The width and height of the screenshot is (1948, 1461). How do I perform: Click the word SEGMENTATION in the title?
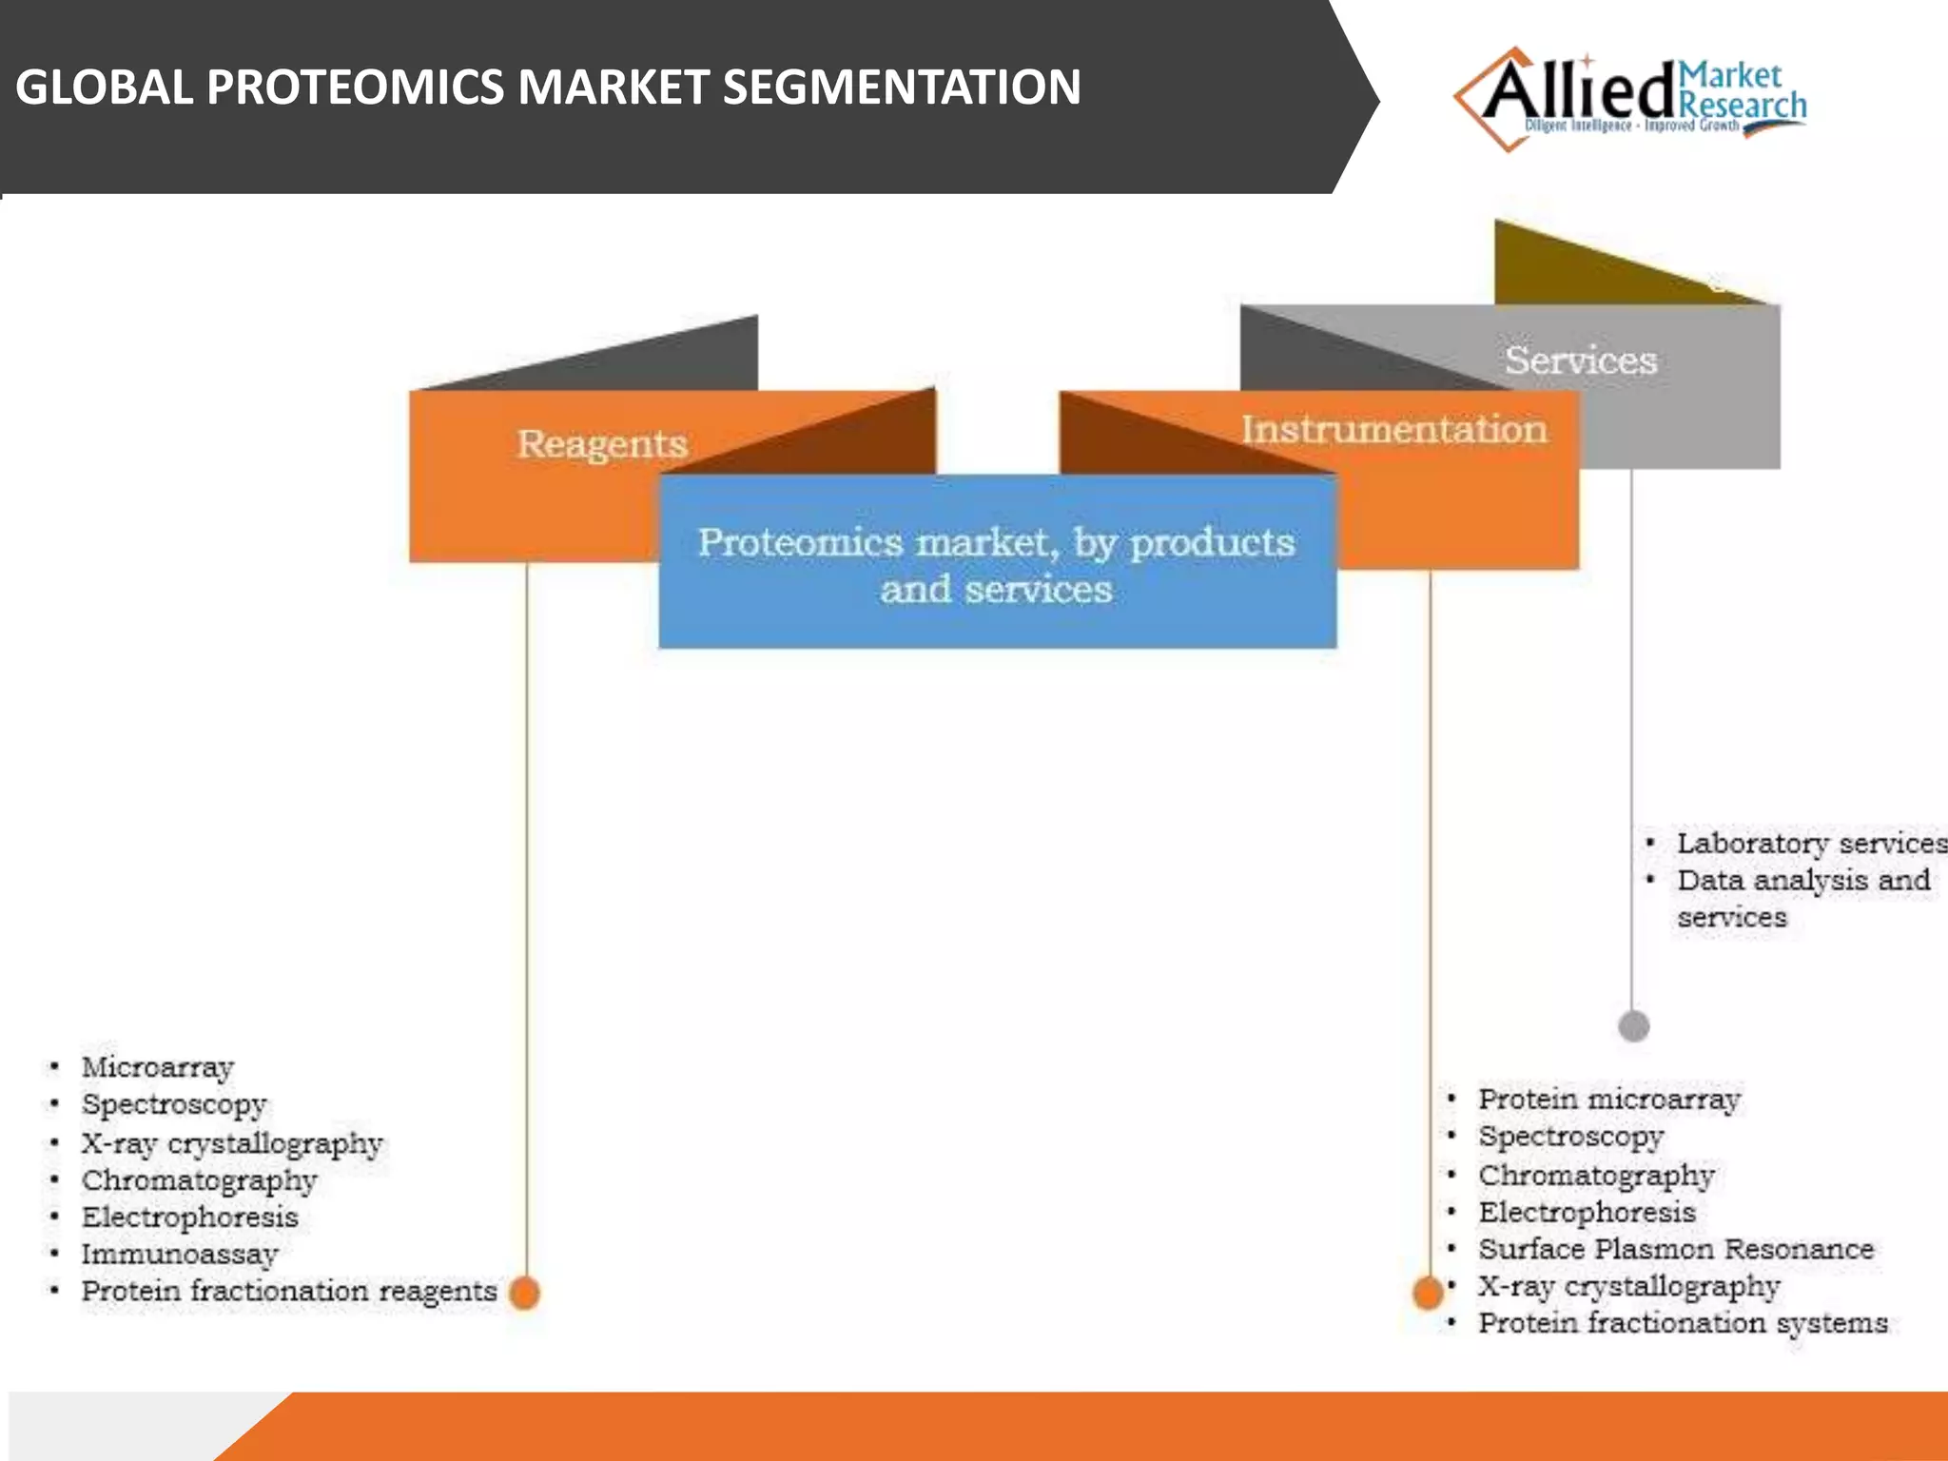[x=901, y=87]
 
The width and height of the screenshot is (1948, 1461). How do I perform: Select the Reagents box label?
[x=601, y=444]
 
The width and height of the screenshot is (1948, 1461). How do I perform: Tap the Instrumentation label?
[x=1393, y=430]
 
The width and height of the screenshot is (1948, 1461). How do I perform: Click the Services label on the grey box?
[x=1580, y=360]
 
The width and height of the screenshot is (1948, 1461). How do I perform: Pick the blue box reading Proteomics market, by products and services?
[x=996, y=564]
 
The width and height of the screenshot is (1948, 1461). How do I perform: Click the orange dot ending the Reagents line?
[x=524, y=1293]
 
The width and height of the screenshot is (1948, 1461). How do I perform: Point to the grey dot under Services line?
[x=1633, y=1026]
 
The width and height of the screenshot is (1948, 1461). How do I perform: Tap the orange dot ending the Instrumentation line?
[x=1428, y=1293]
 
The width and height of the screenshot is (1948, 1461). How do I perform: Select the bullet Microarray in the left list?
[x=158, y=1067]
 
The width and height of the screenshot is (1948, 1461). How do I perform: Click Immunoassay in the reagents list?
[x=180, y=1254]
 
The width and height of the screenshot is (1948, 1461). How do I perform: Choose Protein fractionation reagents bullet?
[x=289, y=1291]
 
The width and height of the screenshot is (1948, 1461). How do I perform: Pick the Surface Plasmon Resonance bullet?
[x=1675, y=1249]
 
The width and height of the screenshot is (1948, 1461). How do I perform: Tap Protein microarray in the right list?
[x=1608, y=1100]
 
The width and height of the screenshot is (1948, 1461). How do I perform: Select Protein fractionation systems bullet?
[x=1682, y=1323]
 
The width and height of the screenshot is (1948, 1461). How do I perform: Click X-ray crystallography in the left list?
[x=232, y=1142]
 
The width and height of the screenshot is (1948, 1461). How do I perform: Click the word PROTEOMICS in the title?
[x=356, y=87]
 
